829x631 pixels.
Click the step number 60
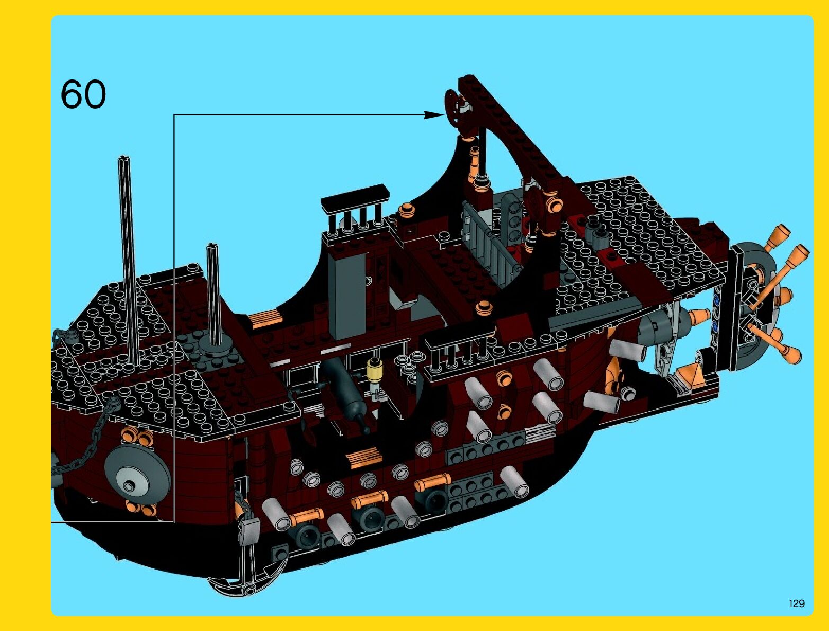click(83, 94)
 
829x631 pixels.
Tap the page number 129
click(796, 603)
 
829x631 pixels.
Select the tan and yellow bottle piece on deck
click(376, 371)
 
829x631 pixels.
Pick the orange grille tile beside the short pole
click(263, 319)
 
